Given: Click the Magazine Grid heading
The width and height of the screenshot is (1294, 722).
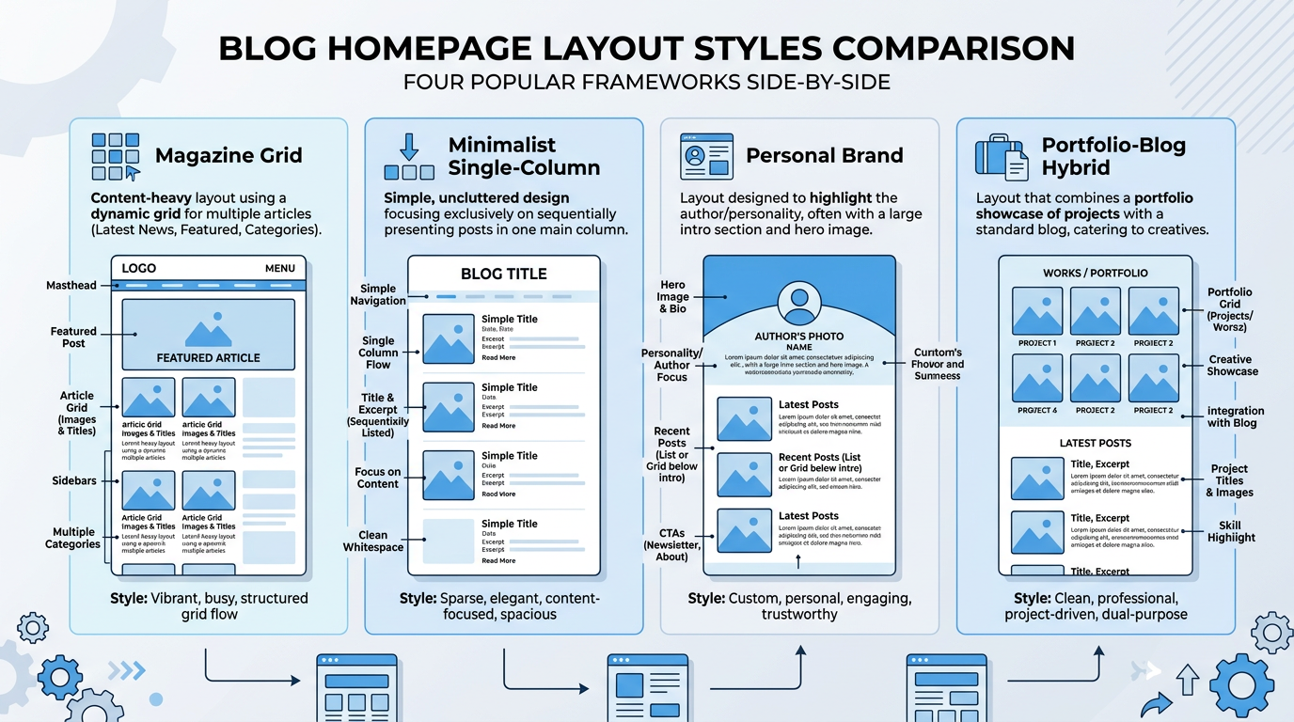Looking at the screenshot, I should coord(229,156).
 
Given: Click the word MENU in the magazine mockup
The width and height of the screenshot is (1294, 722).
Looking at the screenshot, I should coord(280,268).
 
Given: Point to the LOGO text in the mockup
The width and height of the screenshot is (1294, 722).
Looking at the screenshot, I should coord(139,268).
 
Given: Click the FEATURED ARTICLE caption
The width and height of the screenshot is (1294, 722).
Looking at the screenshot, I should coord(209,358).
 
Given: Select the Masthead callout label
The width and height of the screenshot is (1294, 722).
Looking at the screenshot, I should coord(71,285).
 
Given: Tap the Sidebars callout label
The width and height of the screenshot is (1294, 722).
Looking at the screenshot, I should coord(74,480).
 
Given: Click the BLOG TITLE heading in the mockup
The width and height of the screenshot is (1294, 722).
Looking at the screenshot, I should coord(503,274).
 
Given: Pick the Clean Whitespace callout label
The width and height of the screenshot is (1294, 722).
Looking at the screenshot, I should coord(373,541).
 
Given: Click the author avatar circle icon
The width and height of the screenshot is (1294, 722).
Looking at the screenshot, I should coord(798,303).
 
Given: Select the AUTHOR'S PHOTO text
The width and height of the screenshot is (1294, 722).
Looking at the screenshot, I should coord(799,336).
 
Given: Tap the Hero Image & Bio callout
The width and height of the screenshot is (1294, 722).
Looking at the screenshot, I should coord(672,296).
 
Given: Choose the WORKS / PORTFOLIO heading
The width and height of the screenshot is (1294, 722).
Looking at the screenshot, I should coord(1095,273).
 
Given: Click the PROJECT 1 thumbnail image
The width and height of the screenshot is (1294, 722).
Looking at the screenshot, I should coord(1037,311).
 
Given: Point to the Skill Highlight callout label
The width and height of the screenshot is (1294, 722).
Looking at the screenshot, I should coord(1231,531).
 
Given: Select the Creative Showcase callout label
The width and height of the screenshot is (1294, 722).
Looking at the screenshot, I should coord(1232,365).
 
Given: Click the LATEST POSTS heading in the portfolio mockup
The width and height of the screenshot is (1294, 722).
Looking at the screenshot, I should coord(1095,443).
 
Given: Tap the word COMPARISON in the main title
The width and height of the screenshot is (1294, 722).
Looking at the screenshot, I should coord(950,48).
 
